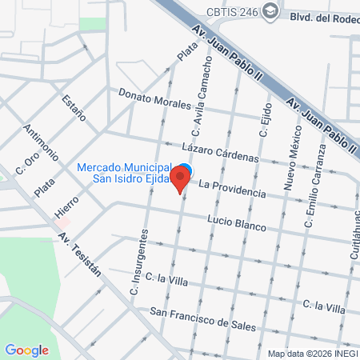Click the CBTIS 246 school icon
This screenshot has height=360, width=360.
pyautogui.click(x=271, y=10)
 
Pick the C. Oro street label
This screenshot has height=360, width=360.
pyautogui.click(x=27, y=163)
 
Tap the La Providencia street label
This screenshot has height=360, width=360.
pyautogui.click(x=231, y=189)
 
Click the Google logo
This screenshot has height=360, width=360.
pyautogui.click(x=26, y=350)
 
